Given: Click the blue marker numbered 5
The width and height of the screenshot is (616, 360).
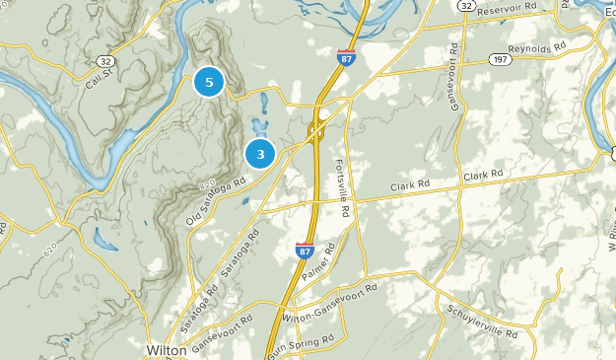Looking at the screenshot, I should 209,82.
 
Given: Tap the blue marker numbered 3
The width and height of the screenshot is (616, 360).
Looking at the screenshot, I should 260,153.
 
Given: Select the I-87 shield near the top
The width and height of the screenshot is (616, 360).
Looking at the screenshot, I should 346,57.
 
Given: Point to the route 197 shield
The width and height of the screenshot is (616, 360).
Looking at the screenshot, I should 502,61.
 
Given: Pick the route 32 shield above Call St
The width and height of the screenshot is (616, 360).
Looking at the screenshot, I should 105,61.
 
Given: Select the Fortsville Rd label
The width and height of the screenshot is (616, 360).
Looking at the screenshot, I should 343,187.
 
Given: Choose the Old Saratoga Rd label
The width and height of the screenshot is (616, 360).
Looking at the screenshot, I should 214,201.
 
